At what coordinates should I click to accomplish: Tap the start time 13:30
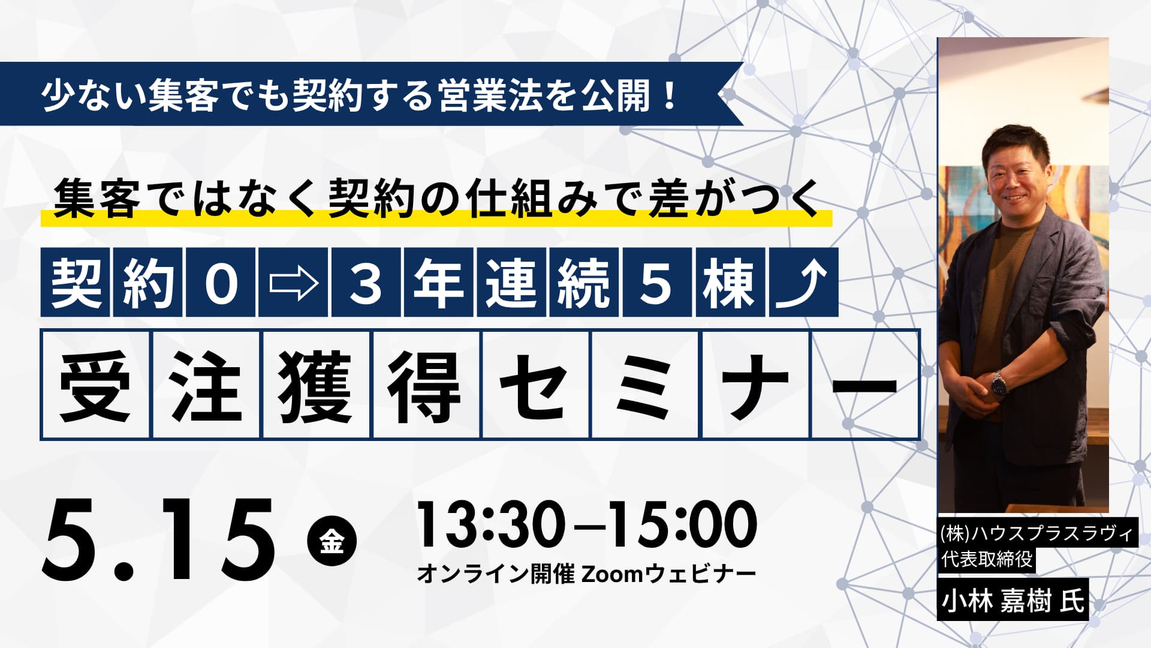coord(491,525)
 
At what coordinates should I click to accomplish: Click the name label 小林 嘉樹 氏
coord(1013,599)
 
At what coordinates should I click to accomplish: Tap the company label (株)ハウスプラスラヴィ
coord(1036,533)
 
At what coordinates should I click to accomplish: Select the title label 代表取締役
coord(986,559)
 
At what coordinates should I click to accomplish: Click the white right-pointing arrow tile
coord(293,282)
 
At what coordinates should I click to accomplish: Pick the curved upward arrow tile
coord(803,282)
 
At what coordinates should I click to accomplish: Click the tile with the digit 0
coord(221,282)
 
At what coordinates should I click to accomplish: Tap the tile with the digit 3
coord(366,282)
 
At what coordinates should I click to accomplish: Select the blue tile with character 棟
coord(730,282)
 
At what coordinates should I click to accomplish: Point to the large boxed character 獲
coord(315,385)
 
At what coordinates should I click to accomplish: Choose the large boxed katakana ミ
coord(645,385)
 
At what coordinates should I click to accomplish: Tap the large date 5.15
coord(158,540)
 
